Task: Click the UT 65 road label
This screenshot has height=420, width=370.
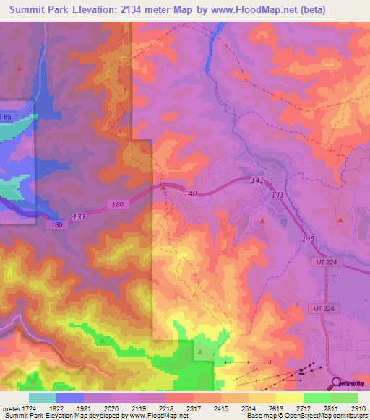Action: [7, 116]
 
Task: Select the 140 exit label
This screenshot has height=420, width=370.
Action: [190, 193]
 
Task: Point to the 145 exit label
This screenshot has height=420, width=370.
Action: [309, 238]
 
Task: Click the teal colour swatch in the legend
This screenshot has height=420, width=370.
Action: [42, 398]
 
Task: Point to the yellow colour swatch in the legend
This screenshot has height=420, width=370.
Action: [290, 398]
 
